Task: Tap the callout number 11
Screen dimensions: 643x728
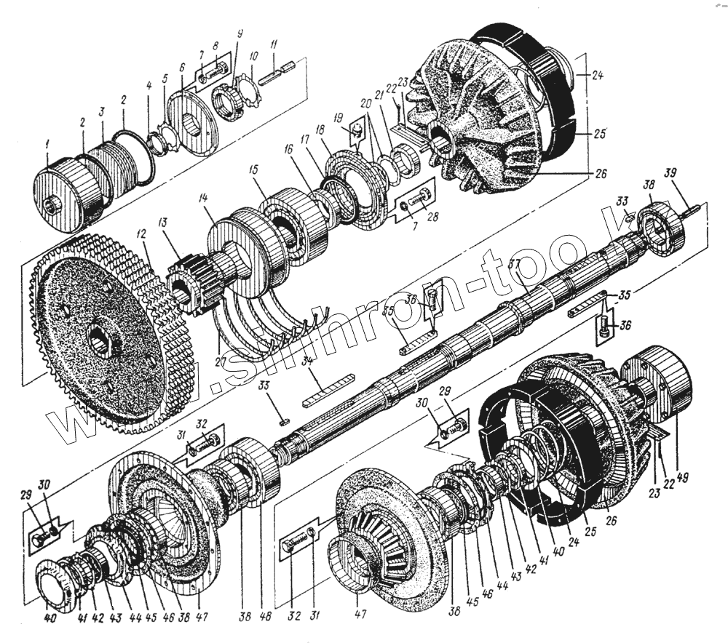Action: pos(273,45)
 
